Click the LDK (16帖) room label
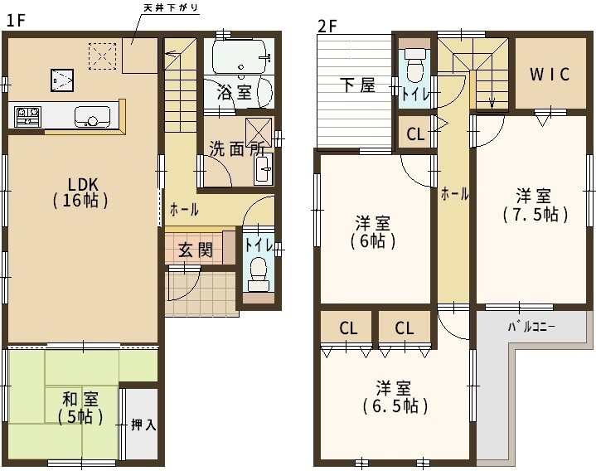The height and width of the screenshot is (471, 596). click(80, 192)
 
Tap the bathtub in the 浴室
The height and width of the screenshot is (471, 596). click(240, 57)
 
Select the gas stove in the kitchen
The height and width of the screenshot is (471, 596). click(27, 116)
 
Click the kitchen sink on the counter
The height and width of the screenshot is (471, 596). click(92, 116)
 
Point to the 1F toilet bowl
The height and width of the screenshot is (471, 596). click(259, 273)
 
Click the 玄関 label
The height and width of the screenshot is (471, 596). click(196, 250)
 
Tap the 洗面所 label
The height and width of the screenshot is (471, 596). click(236, 149)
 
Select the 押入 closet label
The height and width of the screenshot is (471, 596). click(143, 425)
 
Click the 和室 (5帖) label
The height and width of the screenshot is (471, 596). click(80, 408)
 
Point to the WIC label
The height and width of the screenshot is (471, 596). click(550, 74)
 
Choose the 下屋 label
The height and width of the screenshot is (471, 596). click(357, 85)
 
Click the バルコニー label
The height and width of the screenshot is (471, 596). click(531, 326)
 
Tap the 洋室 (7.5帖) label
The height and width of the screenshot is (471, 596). click(535, 206)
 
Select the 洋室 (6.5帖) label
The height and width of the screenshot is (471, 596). click(395, 397)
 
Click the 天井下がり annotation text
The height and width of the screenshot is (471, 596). click(171, 7)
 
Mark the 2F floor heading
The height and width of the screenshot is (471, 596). click(327, 27)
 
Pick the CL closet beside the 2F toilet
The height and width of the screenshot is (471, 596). click(415, 134)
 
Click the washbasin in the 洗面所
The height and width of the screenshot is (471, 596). click(264, 169)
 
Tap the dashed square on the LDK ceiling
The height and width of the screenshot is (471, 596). click(102, 56)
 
